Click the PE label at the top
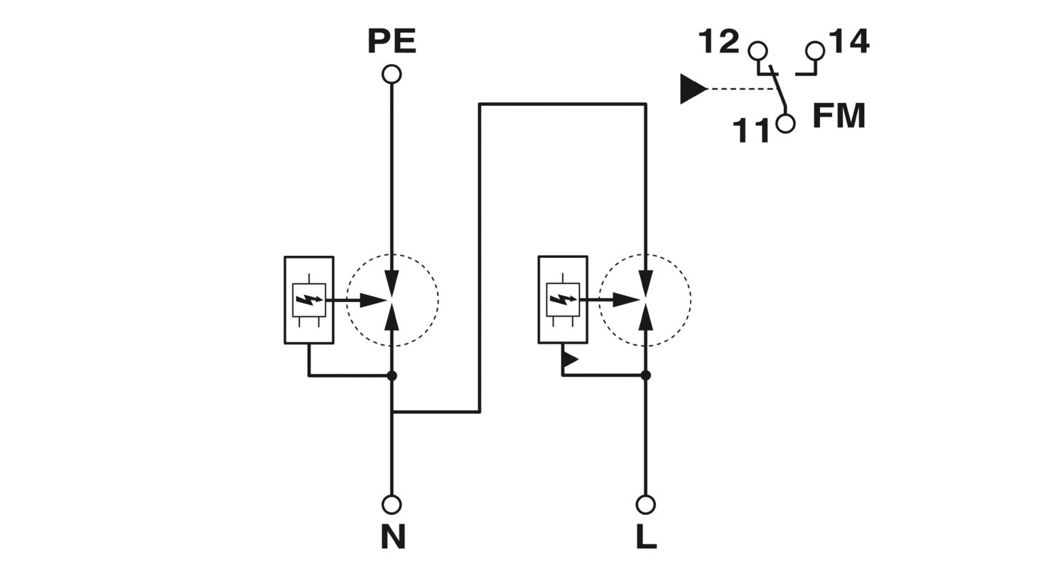pos(392,41)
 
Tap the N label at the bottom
pos(393,536)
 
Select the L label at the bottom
pos(646,536)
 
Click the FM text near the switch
pos(839,115)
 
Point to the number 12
pos(718,41)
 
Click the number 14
pos(848,41)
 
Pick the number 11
pos(751,130)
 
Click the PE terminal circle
pos(392,74)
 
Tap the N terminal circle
pos(392,504)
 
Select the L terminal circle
pos(646,504)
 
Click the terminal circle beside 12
pos(758,50)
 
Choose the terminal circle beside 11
pos(785,124)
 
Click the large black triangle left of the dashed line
pos(693,89)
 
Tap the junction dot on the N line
pos(392,375)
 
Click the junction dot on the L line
pos(646,375)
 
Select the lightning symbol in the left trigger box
pos(309,300)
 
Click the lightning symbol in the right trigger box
pos(563,299)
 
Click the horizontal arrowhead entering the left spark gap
pos(373,300)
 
